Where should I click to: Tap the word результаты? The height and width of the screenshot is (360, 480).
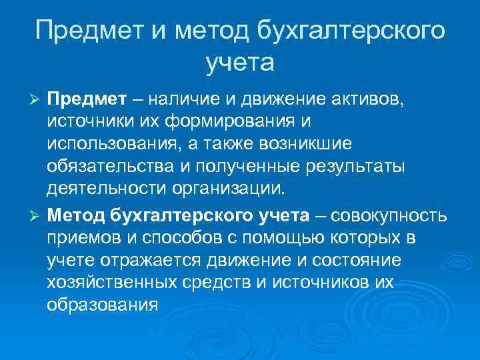[353, 166]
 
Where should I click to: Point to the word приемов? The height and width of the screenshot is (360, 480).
[81, 239]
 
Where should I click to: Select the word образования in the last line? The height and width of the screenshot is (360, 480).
[102, 305]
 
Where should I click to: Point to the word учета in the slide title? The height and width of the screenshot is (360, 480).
[239, 63]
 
